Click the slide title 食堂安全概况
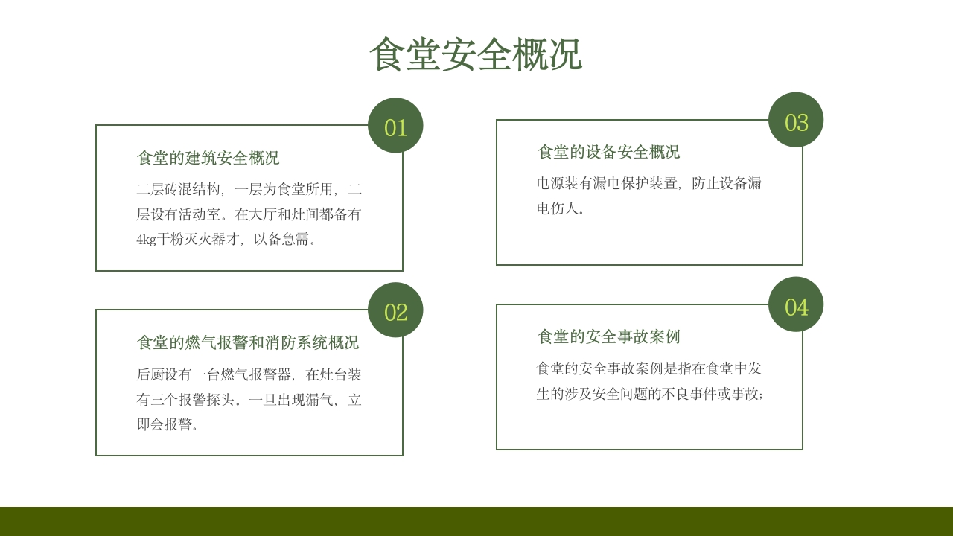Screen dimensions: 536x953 click(x=475, y=54)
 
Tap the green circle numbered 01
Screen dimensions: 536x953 click(x=395, y=126)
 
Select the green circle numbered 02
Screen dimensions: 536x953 click(x=395, y=310)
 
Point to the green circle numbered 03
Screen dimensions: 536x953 click(x=796, y=121)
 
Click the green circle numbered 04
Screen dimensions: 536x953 click(x=796, y=305)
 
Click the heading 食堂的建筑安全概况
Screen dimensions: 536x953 click(x=208, y=158)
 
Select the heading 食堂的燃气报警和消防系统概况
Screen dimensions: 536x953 click(x=248, y=342)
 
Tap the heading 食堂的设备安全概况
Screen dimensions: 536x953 click(x=608, y=152)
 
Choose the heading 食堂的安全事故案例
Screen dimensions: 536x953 click(x=608, y=336)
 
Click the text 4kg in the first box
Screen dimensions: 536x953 click(x=146, y=240)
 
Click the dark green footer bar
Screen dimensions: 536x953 click(x=476, y=521)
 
